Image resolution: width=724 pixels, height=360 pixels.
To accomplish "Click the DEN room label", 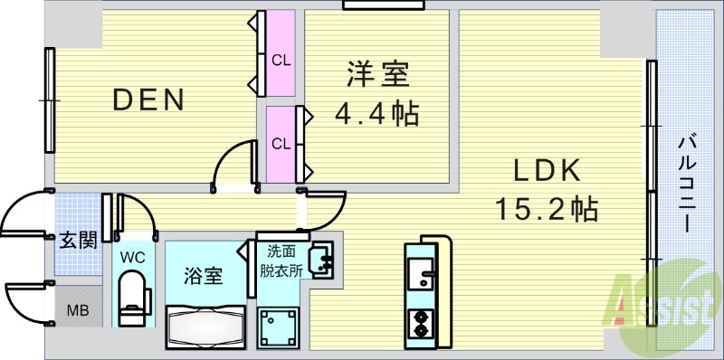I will point(148,99).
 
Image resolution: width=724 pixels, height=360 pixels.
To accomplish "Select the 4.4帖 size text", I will point(377,115).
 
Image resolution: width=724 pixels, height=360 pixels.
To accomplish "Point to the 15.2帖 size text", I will point(545,210).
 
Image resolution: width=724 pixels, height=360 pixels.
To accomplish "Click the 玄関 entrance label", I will point(79,241).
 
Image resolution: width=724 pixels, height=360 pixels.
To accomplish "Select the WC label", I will point(134,256).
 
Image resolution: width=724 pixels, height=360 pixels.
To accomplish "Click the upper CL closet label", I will point(281,61).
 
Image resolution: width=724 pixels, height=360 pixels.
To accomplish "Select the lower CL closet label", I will point(281,143).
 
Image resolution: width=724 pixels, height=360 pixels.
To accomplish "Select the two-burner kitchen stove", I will point(422,324).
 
